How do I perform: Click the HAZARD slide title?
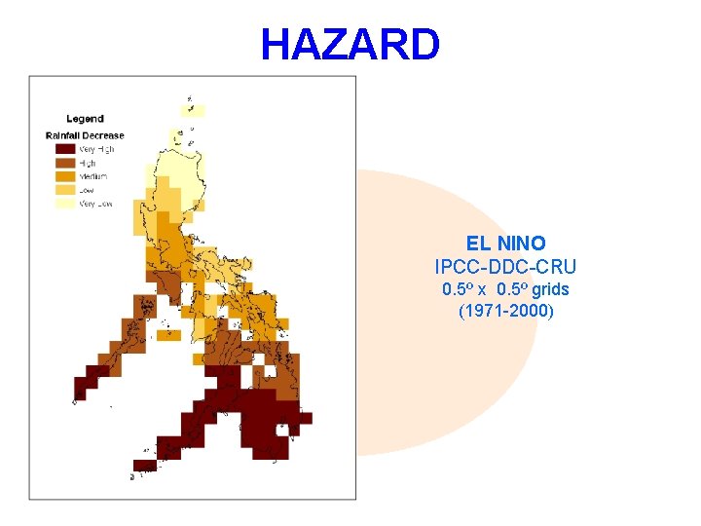click(x=350, y=45)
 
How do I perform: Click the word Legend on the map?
click(x=85, y=120)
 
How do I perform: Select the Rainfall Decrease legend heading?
click(x=85, y=135)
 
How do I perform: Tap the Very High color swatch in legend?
click(x=65, y=149)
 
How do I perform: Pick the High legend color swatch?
click(x=65, y=163)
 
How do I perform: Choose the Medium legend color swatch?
click(x=65, y=176)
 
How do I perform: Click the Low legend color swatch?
click(x=65, y=190)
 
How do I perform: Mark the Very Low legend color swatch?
click(x=65, y=204)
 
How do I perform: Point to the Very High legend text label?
click(x=96, y=149)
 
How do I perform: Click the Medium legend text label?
click(x=93, y=176)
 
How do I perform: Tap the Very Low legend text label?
click(x=95, y=204)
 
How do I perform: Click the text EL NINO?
click(x=505, y=243)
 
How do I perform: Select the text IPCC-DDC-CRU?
click(x=505, y=266)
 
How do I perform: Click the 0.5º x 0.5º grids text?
click(x=505, y=289)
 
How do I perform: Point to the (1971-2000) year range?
click(x=505, y=312)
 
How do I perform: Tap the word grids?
click(x=550, y=289)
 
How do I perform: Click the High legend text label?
click(x=88, y=163)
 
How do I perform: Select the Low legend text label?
click(x=87, y=190)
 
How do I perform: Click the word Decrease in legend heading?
click(x=103, y=135)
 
